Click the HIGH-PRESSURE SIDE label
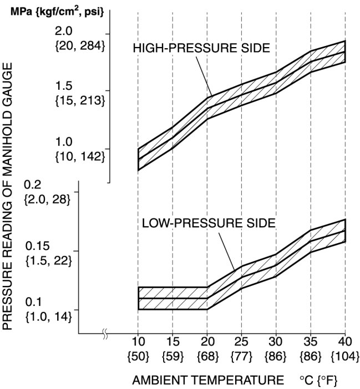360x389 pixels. pos(201,48)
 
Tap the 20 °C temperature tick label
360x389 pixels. pos(207,340)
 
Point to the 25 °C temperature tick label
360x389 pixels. pos(242,340)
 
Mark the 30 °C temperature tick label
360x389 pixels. pos(276,340)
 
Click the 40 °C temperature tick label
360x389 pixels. pos(345,340)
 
